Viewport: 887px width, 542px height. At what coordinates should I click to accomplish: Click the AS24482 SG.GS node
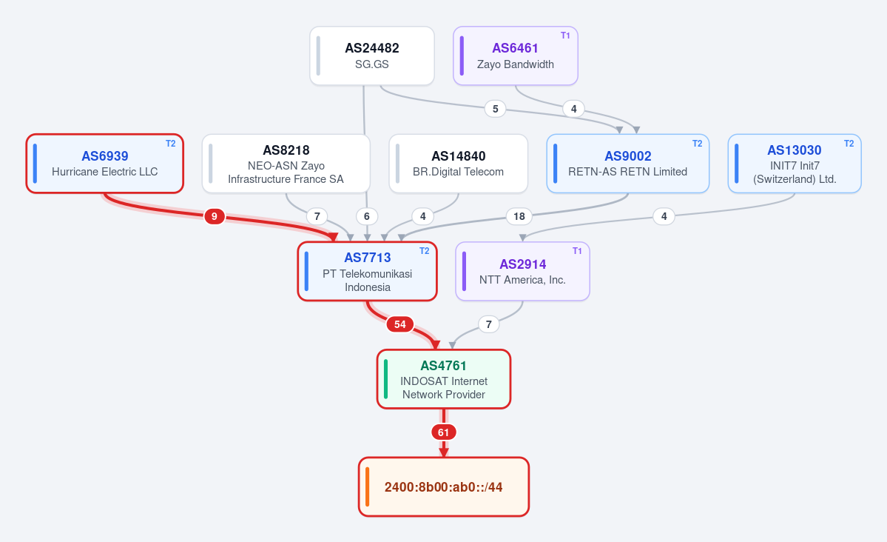pyautogui.click(x=371, y=56)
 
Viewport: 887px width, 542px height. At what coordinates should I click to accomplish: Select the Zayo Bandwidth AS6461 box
pyautogui.click(x=516, y=56)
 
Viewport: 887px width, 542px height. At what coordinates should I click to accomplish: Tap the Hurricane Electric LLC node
pyautogui.click(x=104, y=164)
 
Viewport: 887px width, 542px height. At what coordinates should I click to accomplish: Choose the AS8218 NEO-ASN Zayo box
pyautogui.click(x=286, y=164)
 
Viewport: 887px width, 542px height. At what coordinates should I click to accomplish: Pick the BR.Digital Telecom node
pyautogui.click(x=458, y=164)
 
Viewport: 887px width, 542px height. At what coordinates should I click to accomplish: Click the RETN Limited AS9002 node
pyautogui.click(x=627, y=164)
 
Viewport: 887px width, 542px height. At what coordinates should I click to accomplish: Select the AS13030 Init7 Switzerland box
pyautogui.click(x=795, y=164)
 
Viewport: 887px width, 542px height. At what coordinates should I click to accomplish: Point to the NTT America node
pyautogui.click(x=522, y=271)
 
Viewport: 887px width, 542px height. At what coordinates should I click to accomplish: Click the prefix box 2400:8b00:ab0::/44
pyautogui.click(x=444, y=487)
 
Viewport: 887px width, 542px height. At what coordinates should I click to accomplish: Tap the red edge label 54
pyautogui.click(x=400, y=324)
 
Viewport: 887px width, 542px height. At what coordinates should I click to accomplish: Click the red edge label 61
pyautogui.click(x=444, y=432)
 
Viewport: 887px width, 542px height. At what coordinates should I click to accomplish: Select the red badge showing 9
pyautogui.click(x=215, y=216)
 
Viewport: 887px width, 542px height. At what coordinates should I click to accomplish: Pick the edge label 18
pyautogui.click(x=519, y=216)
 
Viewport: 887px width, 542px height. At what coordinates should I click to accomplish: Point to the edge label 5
pyautogui.click(x=496, y=109)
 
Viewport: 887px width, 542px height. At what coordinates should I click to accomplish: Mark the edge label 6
pyautogui.click(x=367, y=216)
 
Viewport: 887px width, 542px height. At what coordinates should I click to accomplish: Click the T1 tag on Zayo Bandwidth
pyautogui.click(x=565, y=36)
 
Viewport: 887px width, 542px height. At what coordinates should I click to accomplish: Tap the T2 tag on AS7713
pyautogui.click(x=425, y=251)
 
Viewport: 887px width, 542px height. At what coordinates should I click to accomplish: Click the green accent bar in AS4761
pyautogui.click(x=386, y=379)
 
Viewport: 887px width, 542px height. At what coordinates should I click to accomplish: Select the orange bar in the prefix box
pyautogui.click(x=367, y=487)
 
